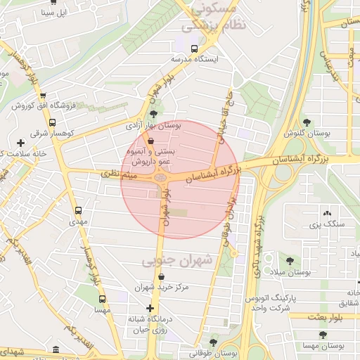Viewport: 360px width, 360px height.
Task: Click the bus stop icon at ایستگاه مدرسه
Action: point(194,49)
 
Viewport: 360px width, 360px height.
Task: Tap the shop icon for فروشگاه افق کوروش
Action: point(43,95)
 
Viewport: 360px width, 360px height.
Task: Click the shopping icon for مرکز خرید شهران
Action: point(162,276)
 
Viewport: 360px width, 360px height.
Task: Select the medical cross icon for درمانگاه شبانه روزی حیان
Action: point(149,308)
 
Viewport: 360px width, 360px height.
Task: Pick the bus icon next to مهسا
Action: point(102,297)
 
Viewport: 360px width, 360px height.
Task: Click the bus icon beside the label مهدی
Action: point(78,210)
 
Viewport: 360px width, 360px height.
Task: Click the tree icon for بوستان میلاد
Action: point(290,260)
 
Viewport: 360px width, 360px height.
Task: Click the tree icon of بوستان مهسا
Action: point(323,335)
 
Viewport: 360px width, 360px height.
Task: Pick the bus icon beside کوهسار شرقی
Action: point(52,122)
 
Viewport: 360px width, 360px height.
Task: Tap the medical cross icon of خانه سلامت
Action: point(20,143)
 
